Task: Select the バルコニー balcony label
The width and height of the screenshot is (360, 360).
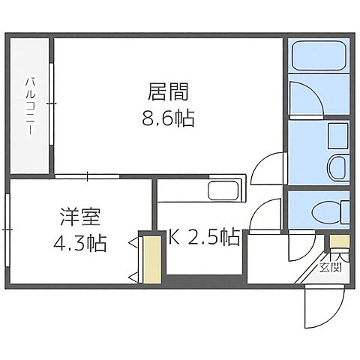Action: coord(31,104)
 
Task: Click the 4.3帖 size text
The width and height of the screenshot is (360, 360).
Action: coord(80,243)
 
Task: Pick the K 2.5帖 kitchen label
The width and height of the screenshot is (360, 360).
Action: coord(203,239)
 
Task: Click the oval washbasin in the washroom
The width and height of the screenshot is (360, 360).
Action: coord(337,166)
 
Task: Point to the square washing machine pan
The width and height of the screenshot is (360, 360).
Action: coord(338,136)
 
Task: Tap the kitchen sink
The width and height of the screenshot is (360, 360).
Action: coord(223,190)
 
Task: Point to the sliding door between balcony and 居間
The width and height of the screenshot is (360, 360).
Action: coord(51,104)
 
